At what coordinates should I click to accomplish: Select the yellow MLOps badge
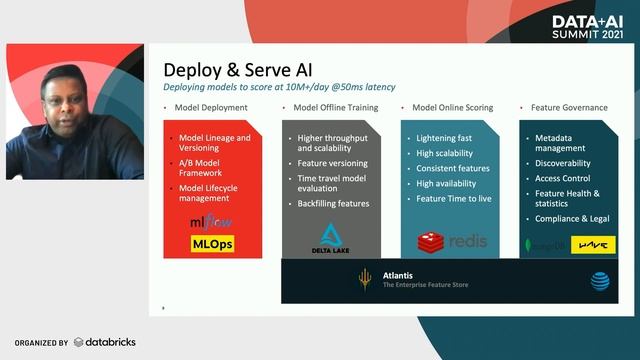coord(212,243)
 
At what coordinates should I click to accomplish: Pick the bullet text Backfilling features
coord(333,203)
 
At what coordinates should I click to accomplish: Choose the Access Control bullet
coord(563,178)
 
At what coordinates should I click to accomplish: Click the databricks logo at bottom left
coord(104,342)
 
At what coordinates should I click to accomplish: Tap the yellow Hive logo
coord(589,244)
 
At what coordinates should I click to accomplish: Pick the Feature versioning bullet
coord(333,163)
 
